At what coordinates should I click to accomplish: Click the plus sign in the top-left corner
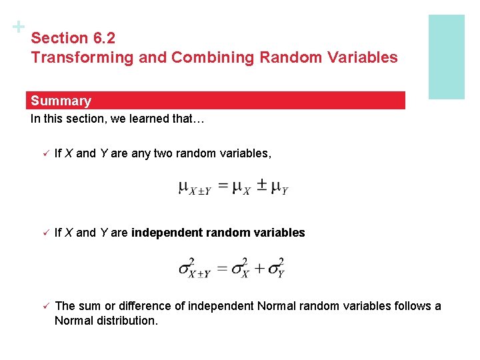click(19, 27)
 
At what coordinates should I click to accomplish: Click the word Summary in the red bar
click(61, 101)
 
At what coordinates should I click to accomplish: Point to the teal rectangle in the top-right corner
click(446, 57)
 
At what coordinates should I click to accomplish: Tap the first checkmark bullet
click(40, 154)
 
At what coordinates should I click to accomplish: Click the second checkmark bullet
click(40, 233)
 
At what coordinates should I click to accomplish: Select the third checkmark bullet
click(40, 306)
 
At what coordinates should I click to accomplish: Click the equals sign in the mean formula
click(222, 187)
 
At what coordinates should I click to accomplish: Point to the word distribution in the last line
click(125, 321)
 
